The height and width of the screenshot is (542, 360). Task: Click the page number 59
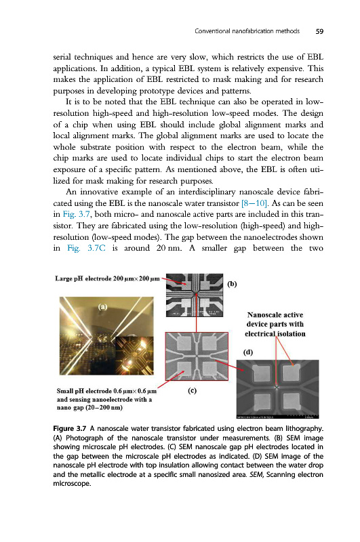[x=319, y=31]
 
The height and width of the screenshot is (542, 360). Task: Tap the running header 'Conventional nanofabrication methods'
[x=247, y=31]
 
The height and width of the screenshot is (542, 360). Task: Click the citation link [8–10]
[x=254, y=203]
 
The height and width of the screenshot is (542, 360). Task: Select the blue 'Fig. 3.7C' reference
[x=86, y=248]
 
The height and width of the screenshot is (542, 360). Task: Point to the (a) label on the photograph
[x=102, y=307]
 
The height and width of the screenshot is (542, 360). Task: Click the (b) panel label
[x=232, y=284]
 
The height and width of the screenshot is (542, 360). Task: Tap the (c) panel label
[x=192, y=390]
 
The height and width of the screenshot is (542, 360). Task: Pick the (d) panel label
[x=248, y=352]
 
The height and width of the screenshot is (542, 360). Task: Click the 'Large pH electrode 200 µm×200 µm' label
[x=107, y=278]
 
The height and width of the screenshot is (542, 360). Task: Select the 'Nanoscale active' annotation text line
[x=275, y=315]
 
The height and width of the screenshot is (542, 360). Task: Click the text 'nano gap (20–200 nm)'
[x=89, y=408]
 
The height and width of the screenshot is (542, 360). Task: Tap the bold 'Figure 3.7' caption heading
[x=70, y=429]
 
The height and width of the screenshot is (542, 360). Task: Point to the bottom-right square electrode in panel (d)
[x=292, y=401]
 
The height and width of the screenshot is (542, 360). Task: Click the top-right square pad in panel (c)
[x=209, y=343]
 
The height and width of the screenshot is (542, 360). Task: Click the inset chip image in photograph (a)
[x=134, y=356]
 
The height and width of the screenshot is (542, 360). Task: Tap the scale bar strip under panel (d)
[x=278, y=417]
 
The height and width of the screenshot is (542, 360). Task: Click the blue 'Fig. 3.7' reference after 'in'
[x=76, y=214]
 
